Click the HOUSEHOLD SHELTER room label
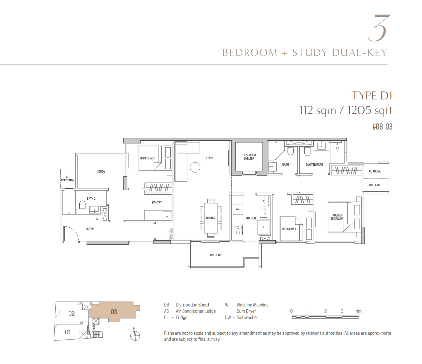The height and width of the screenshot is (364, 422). click(x=248, y=157)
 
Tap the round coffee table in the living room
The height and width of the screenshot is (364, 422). click(x=195, y=167)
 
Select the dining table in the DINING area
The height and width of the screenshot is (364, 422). click(x=210, y=218)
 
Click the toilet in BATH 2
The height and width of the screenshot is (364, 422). click(x=82, y=205)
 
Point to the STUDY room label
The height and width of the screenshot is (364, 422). click(x=101, y=171)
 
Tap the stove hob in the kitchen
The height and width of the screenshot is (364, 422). click(x=238, y=230)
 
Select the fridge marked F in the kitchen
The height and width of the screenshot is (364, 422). click(x=264, y=227)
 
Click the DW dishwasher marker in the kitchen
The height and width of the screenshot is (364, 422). click(x=237, y=209)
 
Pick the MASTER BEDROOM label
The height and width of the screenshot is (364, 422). click(x=337, y=217)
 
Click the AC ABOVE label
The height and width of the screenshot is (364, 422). click(x=374, y=171)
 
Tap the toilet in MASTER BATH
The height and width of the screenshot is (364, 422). click(x=307, y=151)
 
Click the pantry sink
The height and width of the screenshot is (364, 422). click(x=167, y=214)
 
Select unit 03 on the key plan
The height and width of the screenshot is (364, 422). click(x=114, y=312)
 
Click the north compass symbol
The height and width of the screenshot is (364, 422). click(x=135, y=336)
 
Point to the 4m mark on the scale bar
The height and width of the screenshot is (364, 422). click(x=358, y=311)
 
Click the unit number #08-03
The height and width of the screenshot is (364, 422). click(x=382, y=127)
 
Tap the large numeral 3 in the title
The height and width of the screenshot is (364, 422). click(x=379, y=28)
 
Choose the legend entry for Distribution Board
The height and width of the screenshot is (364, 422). click(x=186, y=305)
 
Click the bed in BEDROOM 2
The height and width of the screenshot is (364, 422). click(x=150, y=158)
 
